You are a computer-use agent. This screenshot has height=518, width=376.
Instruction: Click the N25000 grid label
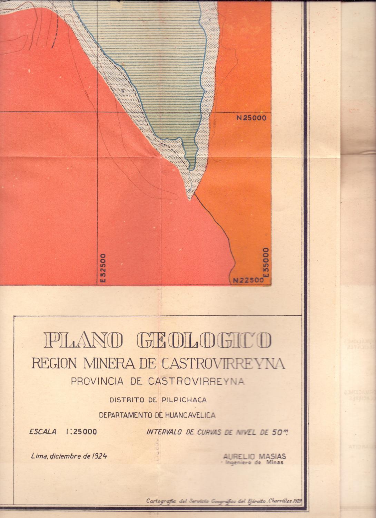251,117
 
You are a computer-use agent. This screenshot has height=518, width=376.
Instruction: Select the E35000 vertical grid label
266,262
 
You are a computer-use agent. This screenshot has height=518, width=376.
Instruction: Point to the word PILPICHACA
184,400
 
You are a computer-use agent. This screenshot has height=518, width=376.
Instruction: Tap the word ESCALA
43,432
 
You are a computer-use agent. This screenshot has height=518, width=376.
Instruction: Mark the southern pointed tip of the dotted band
189,200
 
